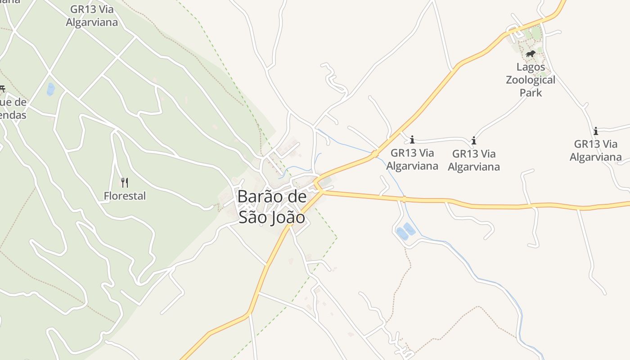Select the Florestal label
point(125,196)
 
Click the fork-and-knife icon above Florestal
point(125,182)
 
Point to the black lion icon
point(531,54)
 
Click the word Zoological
point(531,80)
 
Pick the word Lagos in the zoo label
point(531,67)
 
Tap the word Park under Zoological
point(531,93)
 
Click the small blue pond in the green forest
point(50,89)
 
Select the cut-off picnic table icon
point(2,89)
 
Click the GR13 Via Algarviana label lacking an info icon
point(92,16)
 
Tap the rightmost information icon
point(596,131)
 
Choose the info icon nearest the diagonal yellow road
point(412,139)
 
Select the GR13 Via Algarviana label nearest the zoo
point(473,160)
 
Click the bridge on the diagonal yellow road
point(374,154)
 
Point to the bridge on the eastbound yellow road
point(404,198)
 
